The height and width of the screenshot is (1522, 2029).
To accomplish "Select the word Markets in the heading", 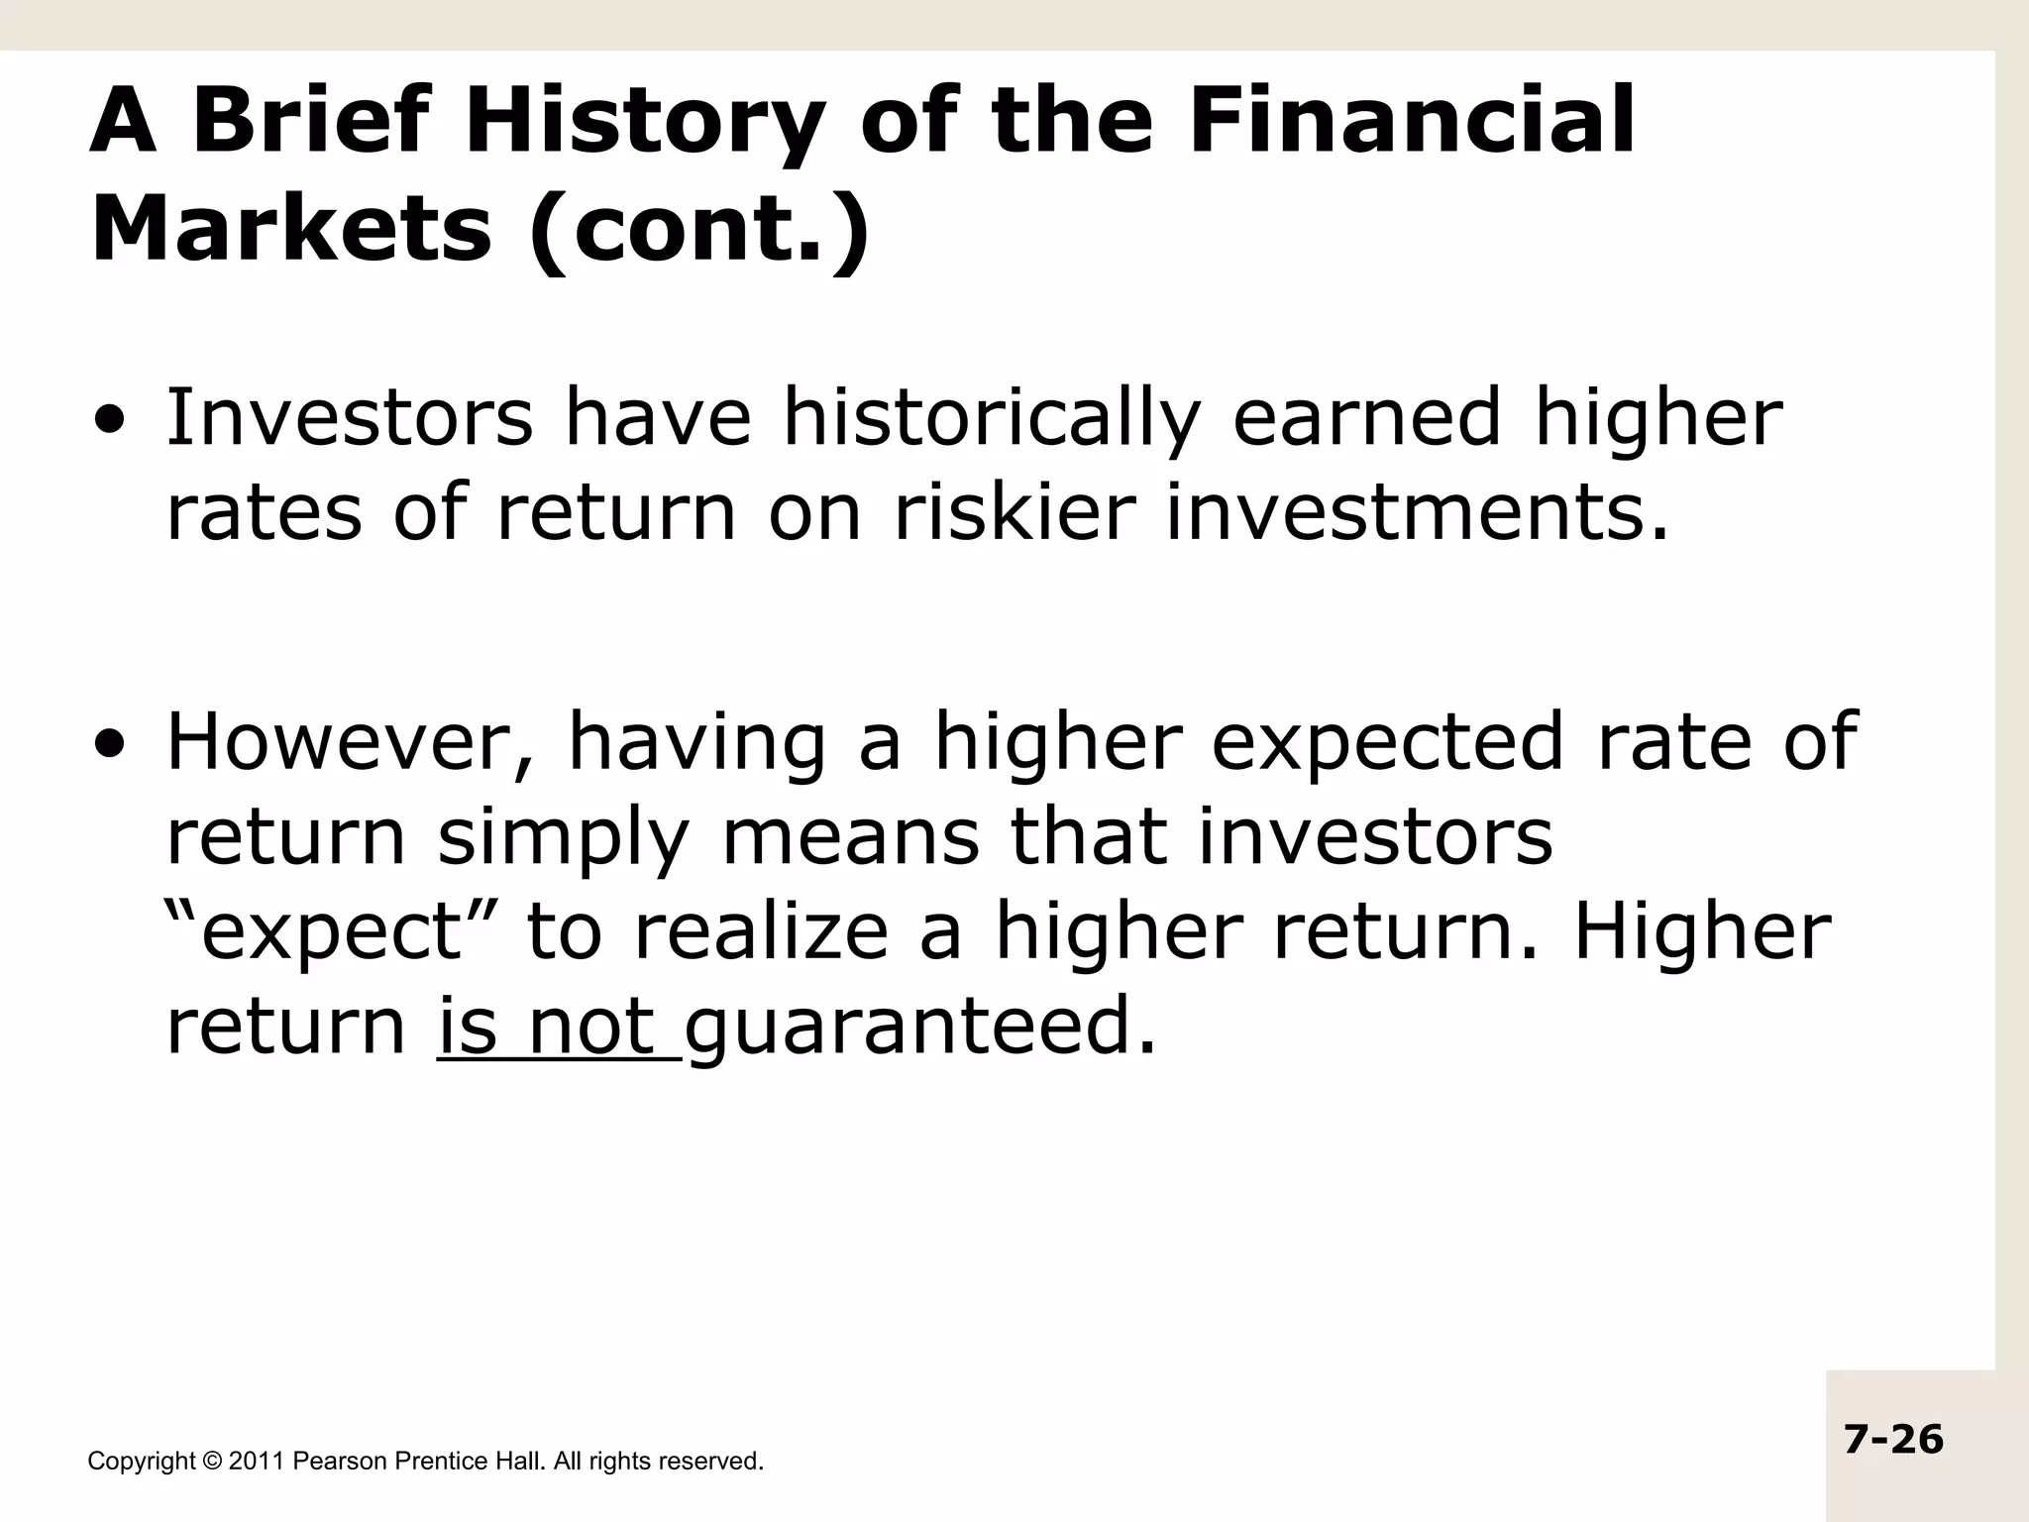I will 290,230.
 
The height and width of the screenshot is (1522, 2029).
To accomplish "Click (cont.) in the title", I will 699,230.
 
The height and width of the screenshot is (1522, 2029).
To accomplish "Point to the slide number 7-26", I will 1893,1440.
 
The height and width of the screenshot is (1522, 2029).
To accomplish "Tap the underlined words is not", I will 558,1027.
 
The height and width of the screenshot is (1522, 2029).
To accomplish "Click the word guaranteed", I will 920,1027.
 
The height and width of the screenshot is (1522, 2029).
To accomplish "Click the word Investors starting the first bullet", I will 349,418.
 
